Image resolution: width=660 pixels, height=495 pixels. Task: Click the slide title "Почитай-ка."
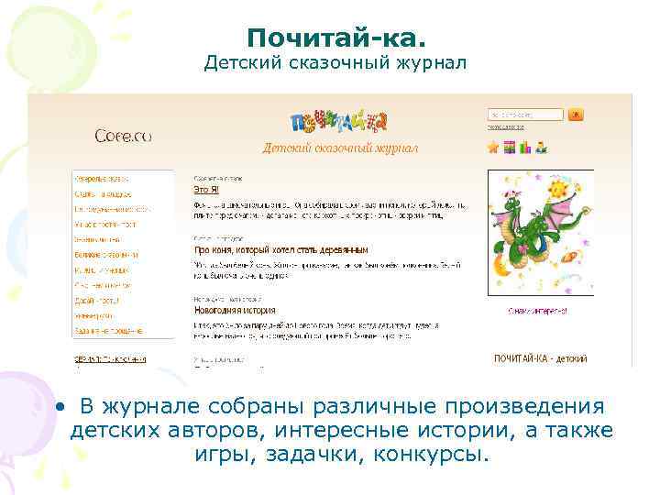coord(335,38)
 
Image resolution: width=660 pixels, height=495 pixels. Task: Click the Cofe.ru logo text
coord(122,137)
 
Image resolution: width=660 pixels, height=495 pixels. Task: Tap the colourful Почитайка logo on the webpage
coord(338,122)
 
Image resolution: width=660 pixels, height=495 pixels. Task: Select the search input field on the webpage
coord(525,115)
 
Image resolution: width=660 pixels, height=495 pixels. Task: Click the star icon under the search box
coord(493,147)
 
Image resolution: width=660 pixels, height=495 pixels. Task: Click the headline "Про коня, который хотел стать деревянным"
coord(280,248)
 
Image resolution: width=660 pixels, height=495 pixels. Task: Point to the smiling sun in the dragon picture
coord(555,189)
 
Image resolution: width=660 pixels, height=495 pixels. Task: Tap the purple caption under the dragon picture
coord(538,311)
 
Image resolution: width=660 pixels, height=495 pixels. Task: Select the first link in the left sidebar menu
coord(102,179)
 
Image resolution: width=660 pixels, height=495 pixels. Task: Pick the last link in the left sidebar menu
coord(109,329)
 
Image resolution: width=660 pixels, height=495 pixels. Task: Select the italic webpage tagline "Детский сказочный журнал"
coord(340,148)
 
